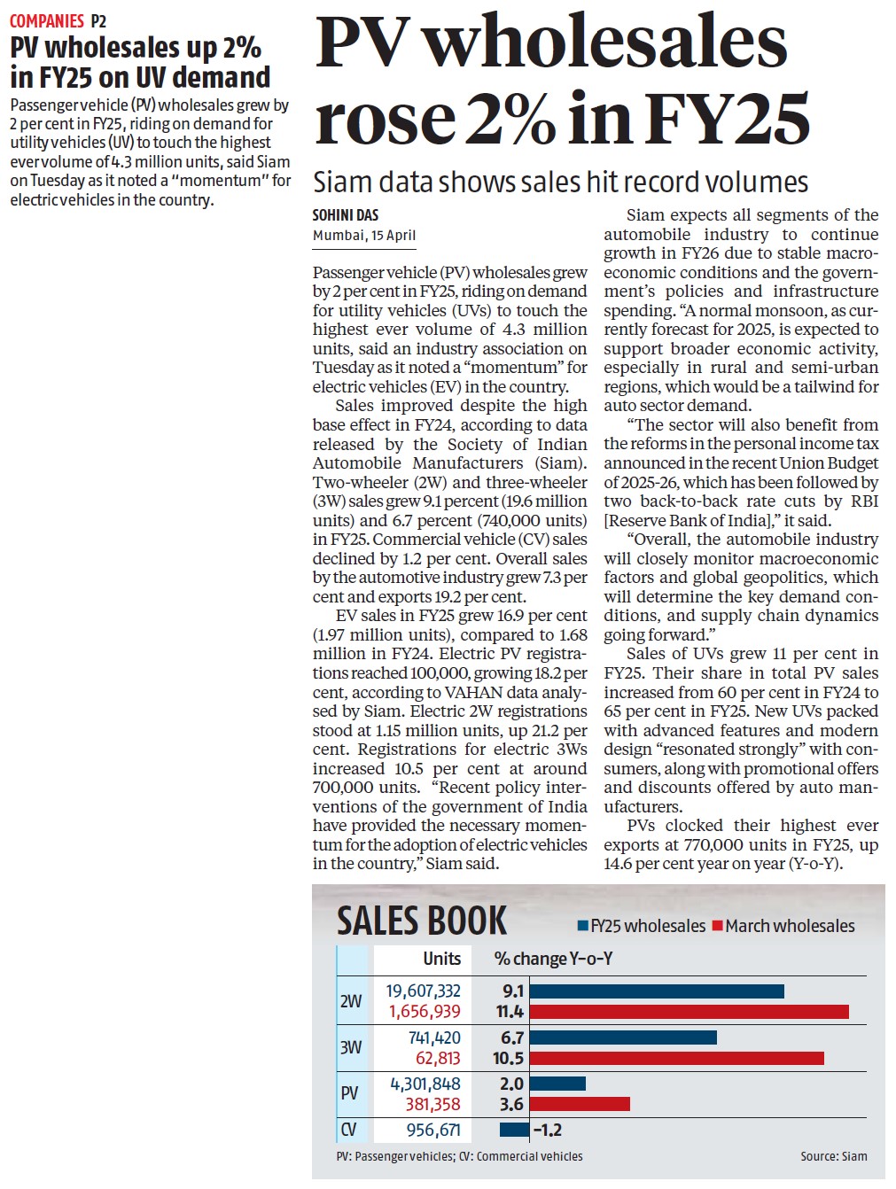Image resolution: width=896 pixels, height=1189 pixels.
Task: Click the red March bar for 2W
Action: [689, 1012]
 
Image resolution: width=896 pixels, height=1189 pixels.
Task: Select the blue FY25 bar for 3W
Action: [622, 1037]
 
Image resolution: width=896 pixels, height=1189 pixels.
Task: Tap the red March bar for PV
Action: [580, 1104]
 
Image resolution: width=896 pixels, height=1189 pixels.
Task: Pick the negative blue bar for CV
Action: [514, 1130]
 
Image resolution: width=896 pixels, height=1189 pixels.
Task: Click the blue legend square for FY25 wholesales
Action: [583, 926]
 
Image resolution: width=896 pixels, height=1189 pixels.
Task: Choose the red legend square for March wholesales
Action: [718, 926]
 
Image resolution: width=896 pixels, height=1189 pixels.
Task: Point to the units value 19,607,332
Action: [423, 991]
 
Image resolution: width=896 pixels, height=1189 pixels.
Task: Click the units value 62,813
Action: [438, 1058]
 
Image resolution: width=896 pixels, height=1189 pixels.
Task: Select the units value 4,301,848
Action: [425, 1084]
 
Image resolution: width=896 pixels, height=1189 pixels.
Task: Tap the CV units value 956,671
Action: [433, 1130]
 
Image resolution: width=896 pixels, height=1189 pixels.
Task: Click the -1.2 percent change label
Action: [548, 1130]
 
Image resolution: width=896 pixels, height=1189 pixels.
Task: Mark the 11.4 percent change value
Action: [510, 1012]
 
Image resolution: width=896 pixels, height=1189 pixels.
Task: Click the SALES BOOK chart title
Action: [421, 921]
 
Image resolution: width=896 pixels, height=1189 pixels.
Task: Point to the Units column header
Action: [441, 959]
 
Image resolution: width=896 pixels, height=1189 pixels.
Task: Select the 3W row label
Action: [351, 1047]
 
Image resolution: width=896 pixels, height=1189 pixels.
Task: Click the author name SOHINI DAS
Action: [346, 215]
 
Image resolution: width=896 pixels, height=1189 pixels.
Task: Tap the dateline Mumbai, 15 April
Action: [363, 235]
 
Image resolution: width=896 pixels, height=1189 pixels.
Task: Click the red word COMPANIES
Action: [47, 20]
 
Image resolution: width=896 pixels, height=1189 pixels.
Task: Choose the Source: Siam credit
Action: [833, 1156]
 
